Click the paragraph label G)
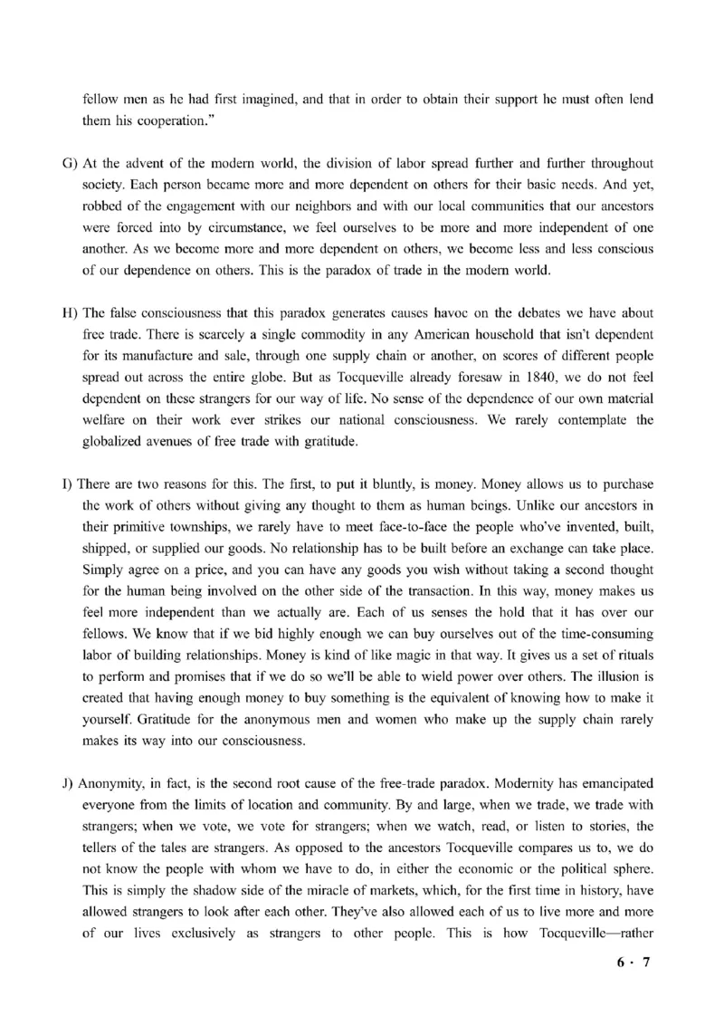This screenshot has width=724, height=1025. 69,163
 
